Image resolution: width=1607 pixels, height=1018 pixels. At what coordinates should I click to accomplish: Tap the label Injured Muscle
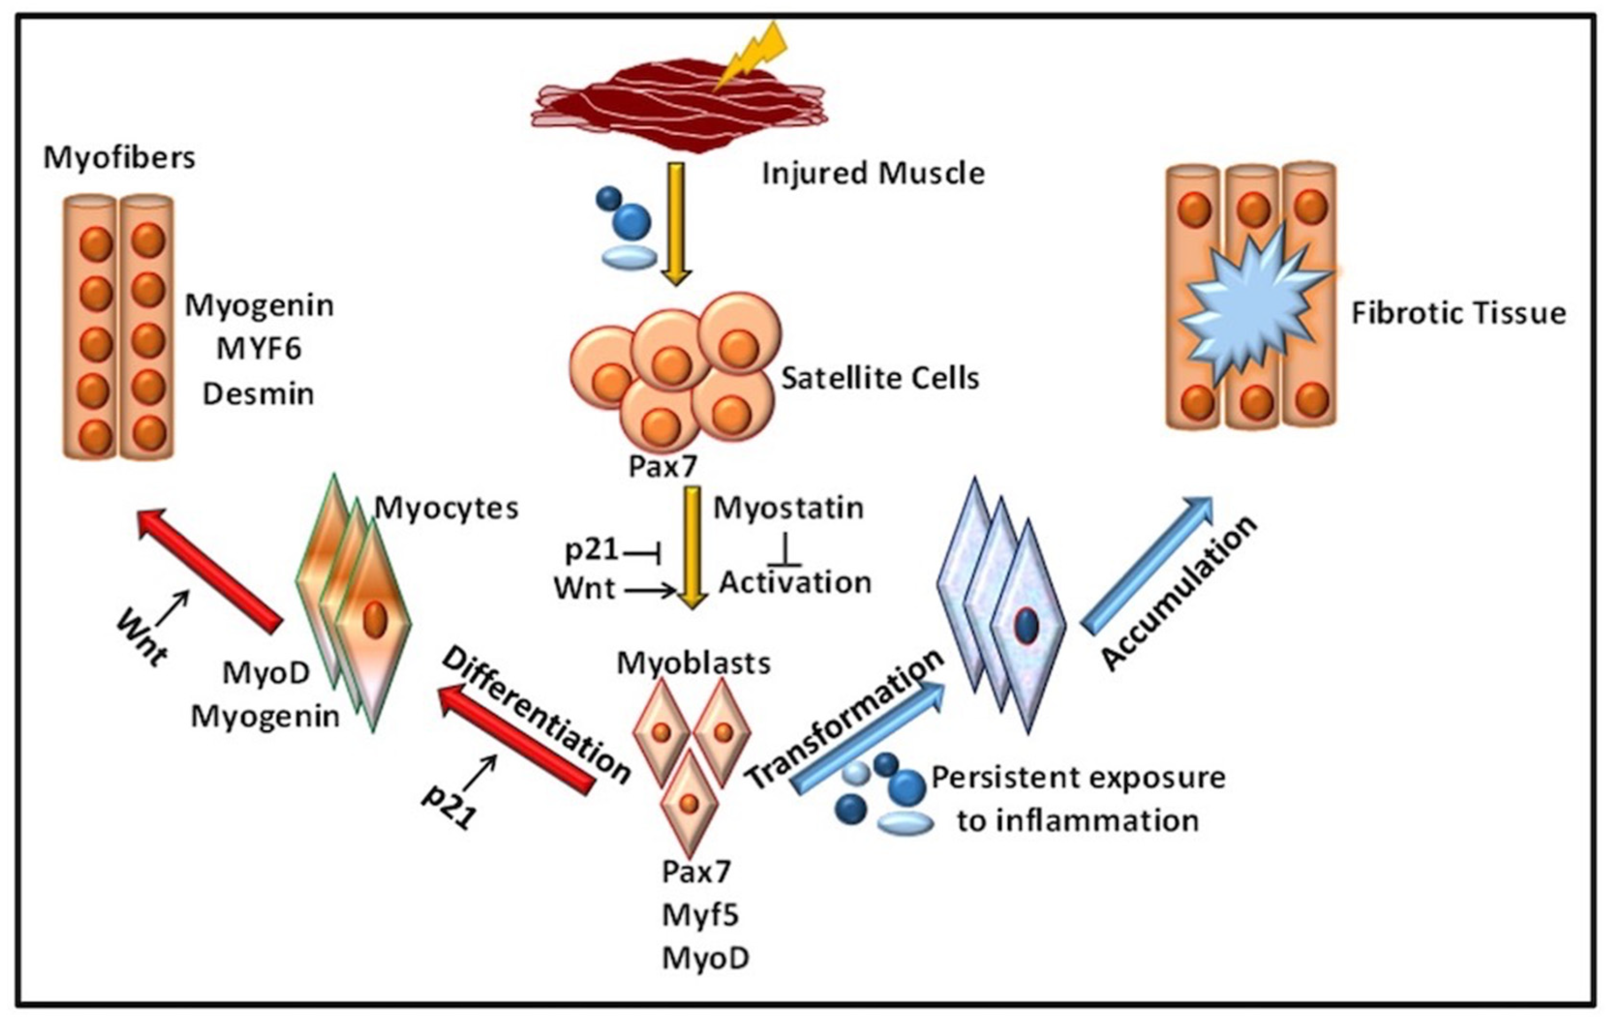pos(873,173)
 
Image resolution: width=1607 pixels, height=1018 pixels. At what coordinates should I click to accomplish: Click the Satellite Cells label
pos(879,378)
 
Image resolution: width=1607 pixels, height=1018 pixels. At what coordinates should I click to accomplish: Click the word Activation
pos(795,583)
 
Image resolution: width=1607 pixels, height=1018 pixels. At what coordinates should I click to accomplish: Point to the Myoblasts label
pos(694,663)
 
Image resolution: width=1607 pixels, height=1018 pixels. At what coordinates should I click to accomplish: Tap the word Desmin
pos(258,394)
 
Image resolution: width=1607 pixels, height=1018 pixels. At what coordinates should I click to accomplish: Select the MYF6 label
pos(259,349)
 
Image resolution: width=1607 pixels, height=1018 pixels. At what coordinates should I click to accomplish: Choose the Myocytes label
pos(446,509)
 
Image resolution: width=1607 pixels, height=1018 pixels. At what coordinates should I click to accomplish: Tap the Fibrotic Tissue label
pos(1458,313)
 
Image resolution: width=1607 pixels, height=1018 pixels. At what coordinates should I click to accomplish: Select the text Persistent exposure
pos(1078,778)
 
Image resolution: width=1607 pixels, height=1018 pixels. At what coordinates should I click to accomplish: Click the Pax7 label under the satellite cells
pos(662,466)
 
